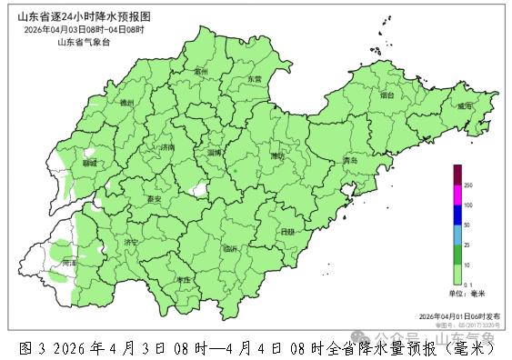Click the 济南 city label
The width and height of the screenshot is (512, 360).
click(x=166, y=146)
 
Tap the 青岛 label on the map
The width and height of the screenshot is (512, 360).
click(x=349, y=161)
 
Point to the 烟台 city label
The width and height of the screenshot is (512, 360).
click(x=387, y=94)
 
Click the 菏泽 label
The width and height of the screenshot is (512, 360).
click(x=70, y=262)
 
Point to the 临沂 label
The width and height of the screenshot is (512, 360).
click(x=229, y=248)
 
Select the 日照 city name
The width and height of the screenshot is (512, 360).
click(x=287, y=232)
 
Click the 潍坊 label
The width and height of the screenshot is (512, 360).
click(x=276, y=155)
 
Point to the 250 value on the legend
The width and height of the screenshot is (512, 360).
click(x=468, y=185)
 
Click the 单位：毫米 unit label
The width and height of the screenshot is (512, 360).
click(x=467, y=294)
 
